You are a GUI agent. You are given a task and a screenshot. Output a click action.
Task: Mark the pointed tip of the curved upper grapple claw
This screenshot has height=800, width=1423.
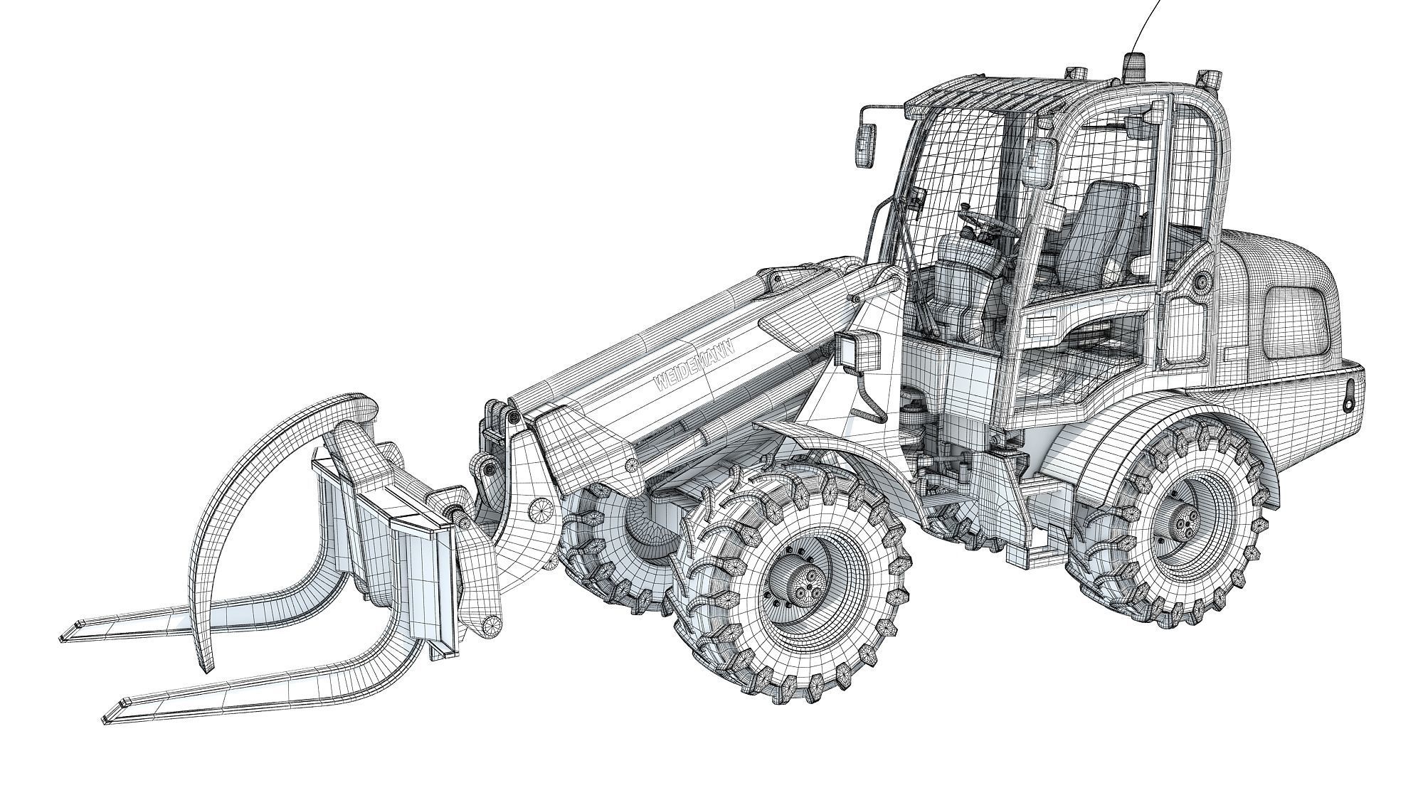pos(207,670)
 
